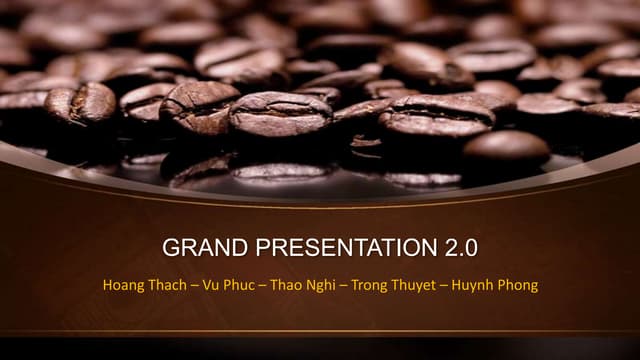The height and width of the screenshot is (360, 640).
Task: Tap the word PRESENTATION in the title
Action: tap(341, 247)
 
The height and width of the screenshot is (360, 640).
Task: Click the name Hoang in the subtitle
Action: tap(123, 285)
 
